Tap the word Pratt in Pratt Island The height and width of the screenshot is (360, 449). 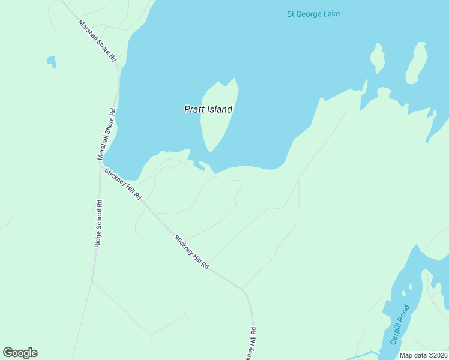(194, 110)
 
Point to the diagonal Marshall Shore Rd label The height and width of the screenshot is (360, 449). (97, 41)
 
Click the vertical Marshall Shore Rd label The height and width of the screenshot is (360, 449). (106, 134)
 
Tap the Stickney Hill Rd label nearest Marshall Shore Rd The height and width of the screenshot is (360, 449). (123, 184)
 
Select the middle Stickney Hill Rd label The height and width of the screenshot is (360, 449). (191, 251)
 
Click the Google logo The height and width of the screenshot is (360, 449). (20, 353)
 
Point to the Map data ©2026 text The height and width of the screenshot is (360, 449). (423, 355)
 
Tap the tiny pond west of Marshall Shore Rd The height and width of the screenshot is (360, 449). (52, 61)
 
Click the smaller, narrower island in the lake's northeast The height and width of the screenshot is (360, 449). (377, 58)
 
